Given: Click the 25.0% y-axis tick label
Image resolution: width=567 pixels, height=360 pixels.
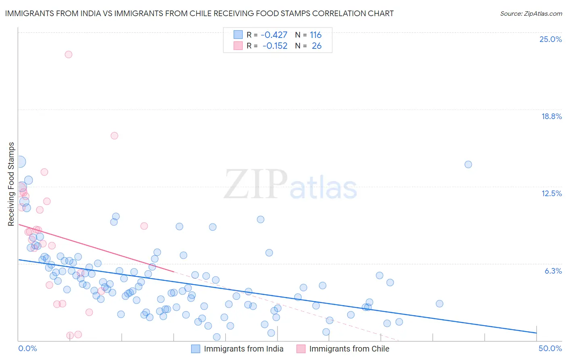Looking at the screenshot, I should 550,39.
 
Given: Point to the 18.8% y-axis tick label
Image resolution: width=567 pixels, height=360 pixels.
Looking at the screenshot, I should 551,116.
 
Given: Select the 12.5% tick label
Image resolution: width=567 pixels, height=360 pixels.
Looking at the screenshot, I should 551,193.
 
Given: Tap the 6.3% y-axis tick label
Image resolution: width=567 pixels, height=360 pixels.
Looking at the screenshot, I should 553,271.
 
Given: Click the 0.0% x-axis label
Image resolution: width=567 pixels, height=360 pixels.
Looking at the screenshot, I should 27,348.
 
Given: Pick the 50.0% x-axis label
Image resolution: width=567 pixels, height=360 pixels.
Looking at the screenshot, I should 550,348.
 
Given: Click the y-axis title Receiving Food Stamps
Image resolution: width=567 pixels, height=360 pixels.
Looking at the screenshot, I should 11,184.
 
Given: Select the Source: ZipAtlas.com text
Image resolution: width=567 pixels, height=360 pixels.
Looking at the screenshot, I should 531,14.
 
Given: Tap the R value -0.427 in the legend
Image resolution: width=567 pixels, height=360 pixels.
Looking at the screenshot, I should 274,35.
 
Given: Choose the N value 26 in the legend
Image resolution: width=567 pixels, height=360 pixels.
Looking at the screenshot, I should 317,46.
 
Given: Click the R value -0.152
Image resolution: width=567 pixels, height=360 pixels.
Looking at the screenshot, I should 275,46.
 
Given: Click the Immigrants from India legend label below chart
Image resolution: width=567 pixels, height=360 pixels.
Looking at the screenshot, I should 244,349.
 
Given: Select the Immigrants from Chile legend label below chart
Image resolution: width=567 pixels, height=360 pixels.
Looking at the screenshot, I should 349,349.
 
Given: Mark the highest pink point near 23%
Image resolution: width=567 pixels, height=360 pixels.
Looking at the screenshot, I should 69,54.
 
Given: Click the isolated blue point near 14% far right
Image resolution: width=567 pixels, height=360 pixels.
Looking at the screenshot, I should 468,164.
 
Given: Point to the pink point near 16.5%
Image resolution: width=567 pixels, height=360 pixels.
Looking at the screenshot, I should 114,136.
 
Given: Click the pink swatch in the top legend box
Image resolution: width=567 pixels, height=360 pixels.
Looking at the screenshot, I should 238,46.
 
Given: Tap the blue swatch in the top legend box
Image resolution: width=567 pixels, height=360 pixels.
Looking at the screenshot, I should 238,35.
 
